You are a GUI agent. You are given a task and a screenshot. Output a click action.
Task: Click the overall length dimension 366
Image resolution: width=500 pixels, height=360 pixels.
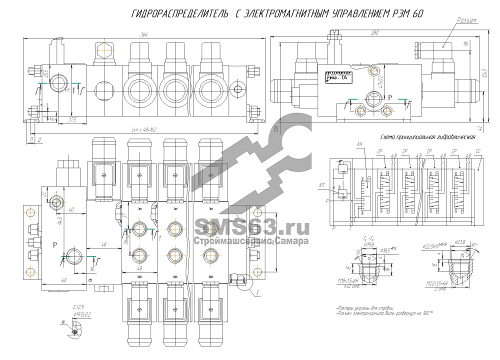click(144, 34)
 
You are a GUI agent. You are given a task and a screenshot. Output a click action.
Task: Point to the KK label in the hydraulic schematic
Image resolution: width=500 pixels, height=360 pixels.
click(360, 144)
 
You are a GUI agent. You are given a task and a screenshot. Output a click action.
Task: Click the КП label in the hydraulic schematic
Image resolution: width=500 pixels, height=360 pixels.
click(321, 185)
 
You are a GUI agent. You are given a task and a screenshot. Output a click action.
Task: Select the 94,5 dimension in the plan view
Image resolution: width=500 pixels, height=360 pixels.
click(59, 220)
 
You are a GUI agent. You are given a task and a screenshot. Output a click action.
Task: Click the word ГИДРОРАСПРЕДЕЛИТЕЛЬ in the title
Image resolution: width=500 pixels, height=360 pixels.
click(178, 14)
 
